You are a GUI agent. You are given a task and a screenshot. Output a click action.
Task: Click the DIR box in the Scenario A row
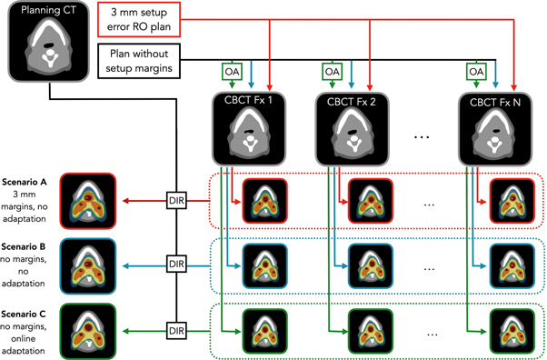[x=178, y=197]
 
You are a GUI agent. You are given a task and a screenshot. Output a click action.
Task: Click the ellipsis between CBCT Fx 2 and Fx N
[x=422, y=136]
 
